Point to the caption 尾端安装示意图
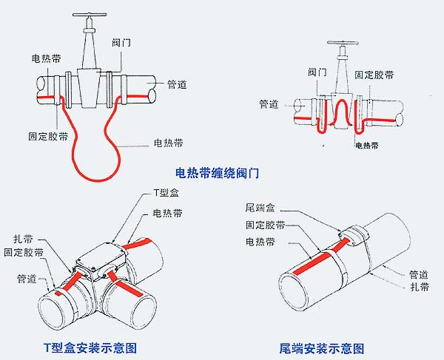[x=322, y=347]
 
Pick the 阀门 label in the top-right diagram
[x=317, y=71]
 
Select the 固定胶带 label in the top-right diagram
[x=374, y=75]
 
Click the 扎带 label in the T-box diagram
[x=23, y=239]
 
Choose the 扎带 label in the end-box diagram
[x=419, y=286]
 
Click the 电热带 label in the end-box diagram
[x=259, y=241]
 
